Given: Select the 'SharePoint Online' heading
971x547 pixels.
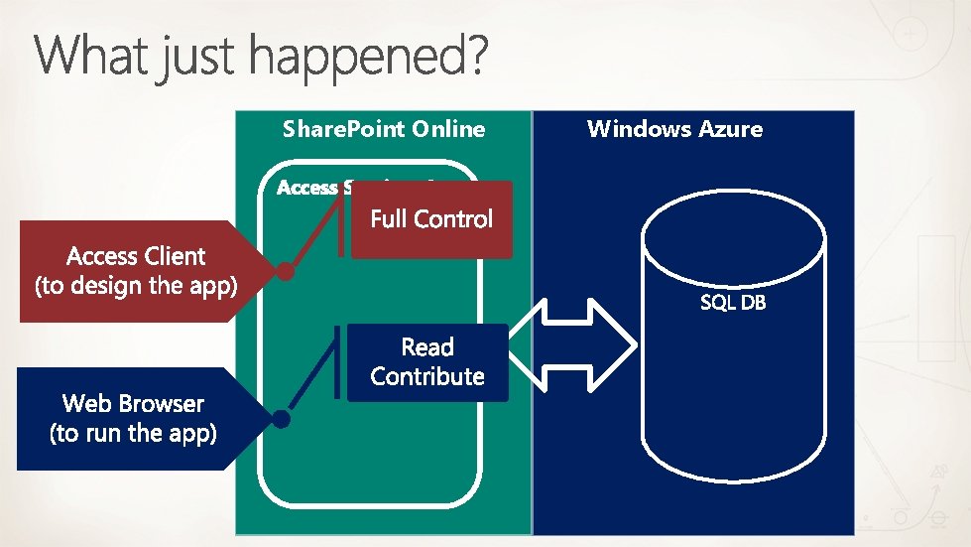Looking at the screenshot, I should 384,129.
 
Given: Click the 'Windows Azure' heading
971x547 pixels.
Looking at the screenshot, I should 674,128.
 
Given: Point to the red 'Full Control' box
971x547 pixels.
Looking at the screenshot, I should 431,219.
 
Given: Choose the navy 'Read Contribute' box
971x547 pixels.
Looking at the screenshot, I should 427,362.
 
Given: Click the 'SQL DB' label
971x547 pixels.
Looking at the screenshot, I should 733,303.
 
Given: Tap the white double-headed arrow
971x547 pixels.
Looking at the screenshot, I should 572,344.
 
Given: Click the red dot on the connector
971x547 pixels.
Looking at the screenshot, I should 286,270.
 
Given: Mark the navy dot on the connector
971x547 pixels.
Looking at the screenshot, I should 282,419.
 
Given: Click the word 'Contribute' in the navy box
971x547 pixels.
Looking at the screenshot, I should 427,377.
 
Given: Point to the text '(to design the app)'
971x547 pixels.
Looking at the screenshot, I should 135,287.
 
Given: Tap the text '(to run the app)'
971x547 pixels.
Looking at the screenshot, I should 133,434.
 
